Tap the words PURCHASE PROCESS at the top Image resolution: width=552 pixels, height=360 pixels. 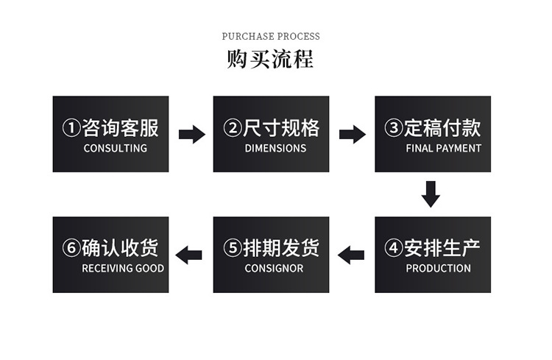tap(271, 36)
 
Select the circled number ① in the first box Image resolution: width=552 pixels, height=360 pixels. tap(71, 128)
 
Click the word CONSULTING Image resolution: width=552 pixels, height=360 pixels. tap(116, 148)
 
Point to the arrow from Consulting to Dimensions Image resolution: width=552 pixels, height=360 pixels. tap(192, 134)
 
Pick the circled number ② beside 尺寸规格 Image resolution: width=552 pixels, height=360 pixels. tap(233, 128)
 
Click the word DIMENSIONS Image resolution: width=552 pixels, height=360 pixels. tap(275, 148)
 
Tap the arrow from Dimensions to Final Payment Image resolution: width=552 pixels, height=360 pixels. tap(353, 134)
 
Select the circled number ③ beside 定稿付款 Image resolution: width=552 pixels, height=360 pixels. tap(394, 128)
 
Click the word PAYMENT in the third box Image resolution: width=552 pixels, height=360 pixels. tap(459, 148)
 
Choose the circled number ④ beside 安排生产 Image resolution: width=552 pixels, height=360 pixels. tap(394, 248)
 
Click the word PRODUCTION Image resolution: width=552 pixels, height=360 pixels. tap(438, 268)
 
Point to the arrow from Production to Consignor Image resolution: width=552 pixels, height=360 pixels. tap(351, 255)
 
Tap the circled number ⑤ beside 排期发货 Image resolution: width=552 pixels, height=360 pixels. tap(233, 248)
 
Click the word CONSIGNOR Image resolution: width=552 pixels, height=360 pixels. tap(274, 268)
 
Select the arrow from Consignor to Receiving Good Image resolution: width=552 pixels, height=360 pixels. tap(191, 255)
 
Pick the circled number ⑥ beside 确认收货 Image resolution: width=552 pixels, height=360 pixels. tap(71, 248)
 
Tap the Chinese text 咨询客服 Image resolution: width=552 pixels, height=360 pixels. tap(121, 128)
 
